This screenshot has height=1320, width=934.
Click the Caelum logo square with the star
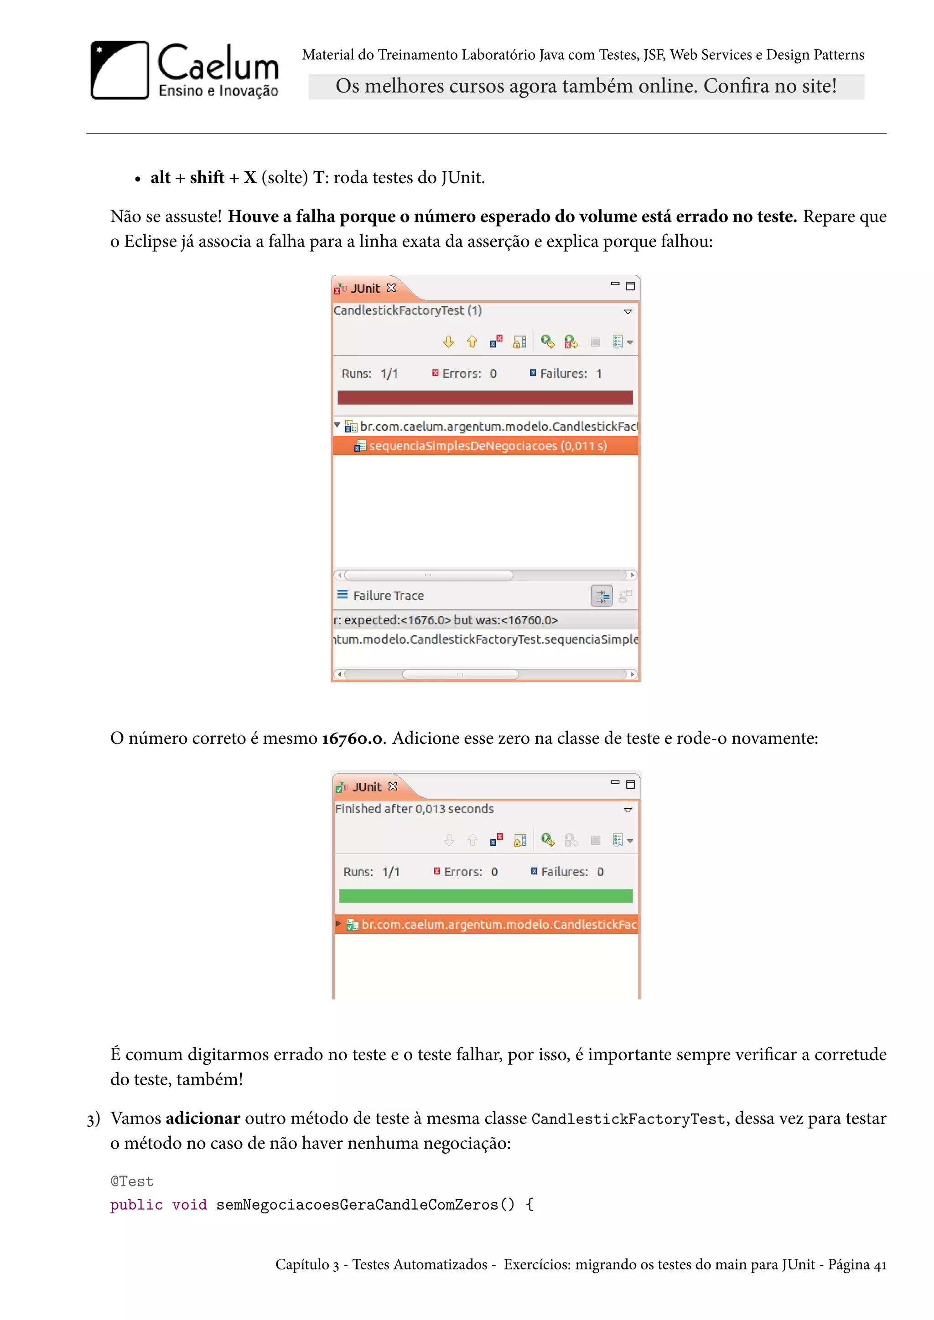[x=119, y=70]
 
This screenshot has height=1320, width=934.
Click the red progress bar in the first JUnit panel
[x=485, y=397]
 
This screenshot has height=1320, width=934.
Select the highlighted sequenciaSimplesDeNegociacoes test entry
[x=487, y=446]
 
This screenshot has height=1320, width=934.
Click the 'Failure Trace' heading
[x=388, y=596]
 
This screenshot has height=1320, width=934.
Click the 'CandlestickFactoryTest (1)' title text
[x=407, y=310]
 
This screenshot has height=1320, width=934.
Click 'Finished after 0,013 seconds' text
[x=414, y=809]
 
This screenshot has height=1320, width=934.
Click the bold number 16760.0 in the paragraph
[x=352, y=738]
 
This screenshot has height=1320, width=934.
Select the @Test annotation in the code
[x=132, y=1181]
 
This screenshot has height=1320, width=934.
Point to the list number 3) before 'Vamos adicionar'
[x=93, y=1119]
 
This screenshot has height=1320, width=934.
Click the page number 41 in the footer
[x=880, y=1265]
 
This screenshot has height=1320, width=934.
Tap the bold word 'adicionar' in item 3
[x=202, y=1118]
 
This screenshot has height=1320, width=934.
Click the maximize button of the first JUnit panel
[x=630, y=286]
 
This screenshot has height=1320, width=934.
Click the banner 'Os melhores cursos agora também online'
[x=586, y=86]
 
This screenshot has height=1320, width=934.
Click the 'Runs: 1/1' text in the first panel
[x=370, y=374]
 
